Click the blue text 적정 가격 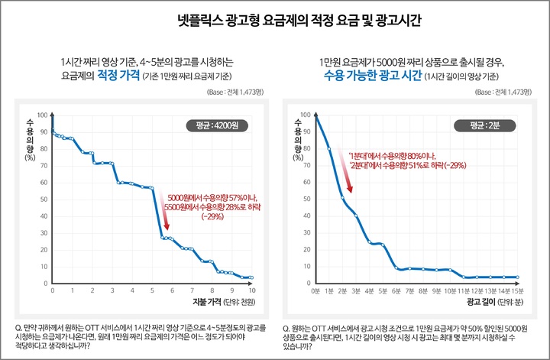tap(117, 76)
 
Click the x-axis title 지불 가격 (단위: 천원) tap(217, 302)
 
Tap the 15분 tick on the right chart tap(517, 290)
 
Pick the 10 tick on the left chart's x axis tap(251, 290)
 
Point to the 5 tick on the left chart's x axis tap(152, 290)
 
